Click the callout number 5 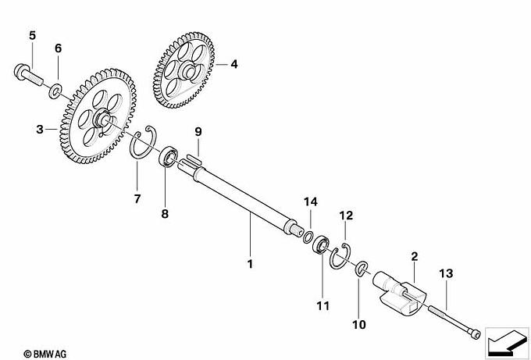click(32, 35)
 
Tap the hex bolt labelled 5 click(28, 74)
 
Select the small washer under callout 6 click(55, 91)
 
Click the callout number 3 click(40, 129)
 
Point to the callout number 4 click(234, 64)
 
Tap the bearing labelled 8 click(169, 156)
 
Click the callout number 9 click(198, 132)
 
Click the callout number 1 click(250, 264)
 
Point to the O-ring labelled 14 click(308, 237)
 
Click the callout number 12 click(346, 215)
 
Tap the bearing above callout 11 click(321, 244)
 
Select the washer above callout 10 click(361, 268)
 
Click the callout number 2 click(415, 256)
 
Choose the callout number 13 click(446, 273)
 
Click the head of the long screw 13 click(474, 333)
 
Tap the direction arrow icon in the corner click(507, 342)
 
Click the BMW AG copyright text click(45, 354)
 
